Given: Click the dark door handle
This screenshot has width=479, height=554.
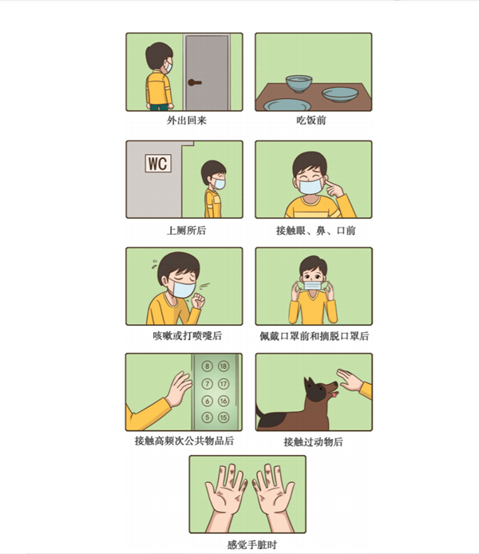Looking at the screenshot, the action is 194,83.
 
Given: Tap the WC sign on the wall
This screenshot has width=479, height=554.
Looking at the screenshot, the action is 158,163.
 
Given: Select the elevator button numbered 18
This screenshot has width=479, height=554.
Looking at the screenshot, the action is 224,366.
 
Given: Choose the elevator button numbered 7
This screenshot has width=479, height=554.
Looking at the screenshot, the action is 207,384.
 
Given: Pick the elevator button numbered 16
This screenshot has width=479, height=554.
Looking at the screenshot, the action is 224,401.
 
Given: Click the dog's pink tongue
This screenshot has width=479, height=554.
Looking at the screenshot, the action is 334,394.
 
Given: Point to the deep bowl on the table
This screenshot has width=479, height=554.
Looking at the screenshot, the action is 299,83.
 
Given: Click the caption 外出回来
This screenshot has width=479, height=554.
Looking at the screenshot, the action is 187,121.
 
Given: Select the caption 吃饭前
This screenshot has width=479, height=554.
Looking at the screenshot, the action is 311,121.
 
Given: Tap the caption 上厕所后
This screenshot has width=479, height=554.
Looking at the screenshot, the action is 186,231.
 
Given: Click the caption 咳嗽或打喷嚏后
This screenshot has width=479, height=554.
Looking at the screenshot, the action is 188,335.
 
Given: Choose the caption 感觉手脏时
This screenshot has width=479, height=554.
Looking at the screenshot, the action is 251,544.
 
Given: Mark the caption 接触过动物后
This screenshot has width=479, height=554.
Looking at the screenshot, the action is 313,441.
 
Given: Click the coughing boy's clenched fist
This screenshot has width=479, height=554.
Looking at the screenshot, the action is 198,300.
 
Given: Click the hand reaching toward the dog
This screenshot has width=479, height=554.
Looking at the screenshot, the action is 350,380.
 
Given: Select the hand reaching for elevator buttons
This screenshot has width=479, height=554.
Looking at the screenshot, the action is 179,388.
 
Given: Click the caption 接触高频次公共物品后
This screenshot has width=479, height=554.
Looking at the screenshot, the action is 184,441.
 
